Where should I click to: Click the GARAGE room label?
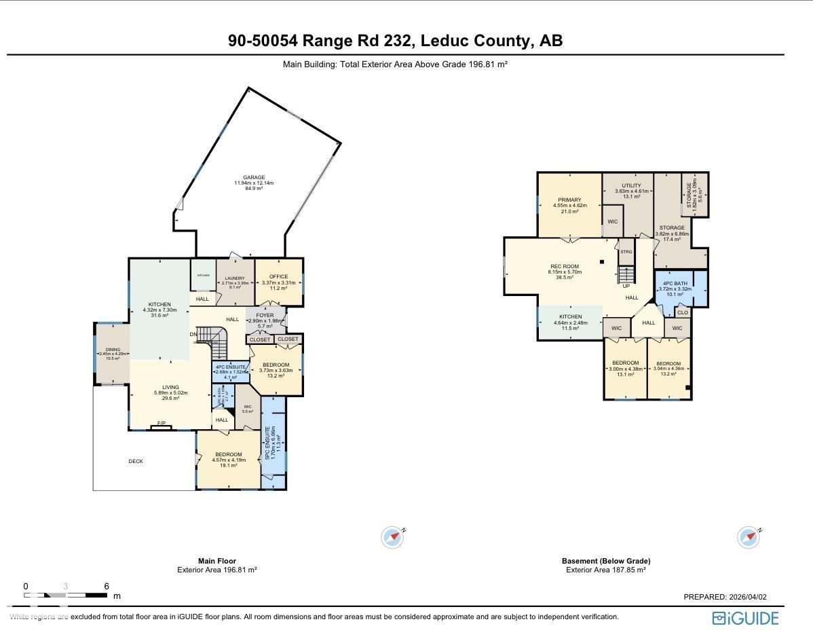click(254, 178)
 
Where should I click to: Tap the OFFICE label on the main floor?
click(278, 277)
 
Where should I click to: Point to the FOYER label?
click(265, 316)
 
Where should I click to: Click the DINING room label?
click(113, 350)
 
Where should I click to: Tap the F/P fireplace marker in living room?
click(162, 424)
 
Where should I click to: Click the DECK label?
click(136, 462)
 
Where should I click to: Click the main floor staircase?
click(216, 337)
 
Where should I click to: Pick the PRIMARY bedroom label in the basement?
click(565, 200)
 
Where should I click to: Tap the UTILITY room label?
click(631, 186)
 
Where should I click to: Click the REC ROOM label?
click(565, 267)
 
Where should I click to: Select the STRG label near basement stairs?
click(626, 252)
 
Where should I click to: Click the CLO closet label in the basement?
click(682, 313)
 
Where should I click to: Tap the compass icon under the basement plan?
click(749, 537)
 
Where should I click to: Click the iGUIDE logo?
click(745, 618)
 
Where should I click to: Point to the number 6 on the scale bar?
click(107, 587)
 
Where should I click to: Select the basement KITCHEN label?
click(570, 317)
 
